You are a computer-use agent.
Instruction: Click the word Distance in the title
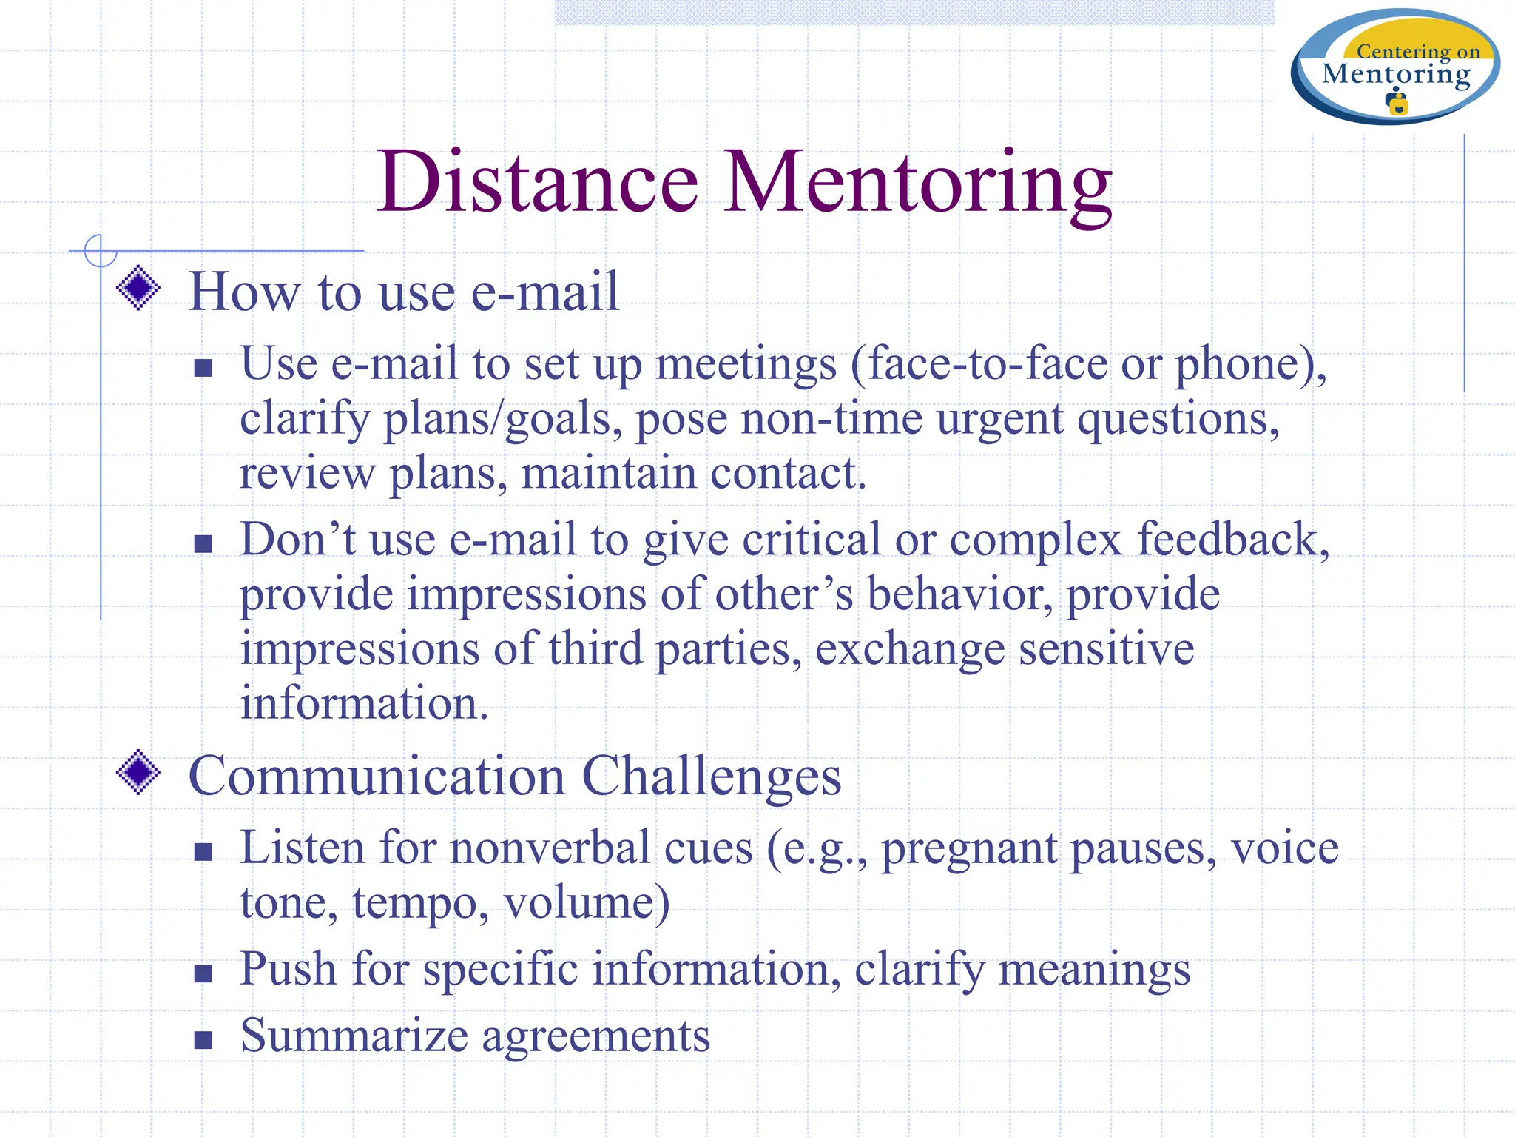538,182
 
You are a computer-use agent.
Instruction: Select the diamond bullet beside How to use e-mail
138,288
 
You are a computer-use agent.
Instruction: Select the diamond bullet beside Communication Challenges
138,773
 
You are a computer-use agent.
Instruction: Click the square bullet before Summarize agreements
203,1040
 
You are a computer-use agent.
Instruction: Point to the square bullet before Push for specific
203,973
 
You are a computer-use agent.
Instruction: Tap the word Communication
377,776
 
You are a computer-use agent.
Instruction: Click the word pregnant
968,850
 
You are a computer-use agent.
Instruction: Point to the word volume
586,903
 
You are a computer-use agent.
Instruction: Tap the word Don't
297,539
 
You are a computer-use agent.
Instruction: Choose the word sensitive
1106,648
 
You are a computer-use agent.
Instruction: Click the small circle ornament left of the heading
100,250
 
